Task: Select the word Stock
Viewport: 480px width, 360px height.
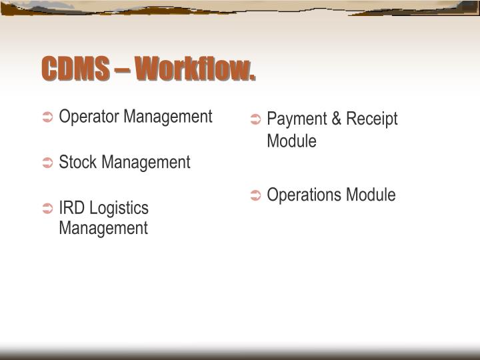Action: pyautogui.click(x=77, y=162)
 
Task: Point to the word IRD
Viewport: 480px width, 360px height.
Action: pyautogui.click(x=71, y=208)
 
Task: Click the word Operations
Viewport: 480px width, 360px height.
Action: pyautogui.click(x=303, y=195)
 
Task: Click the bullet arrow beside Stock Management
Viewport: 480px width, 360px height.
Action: pyautogui.click(x=48, y=163)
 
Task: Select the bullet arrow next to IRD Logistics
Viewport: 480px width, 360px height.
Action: pyautogui.click(x=48, y=209)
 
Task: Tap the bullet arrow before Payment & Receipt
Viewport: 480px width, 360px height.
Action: pyautogui.click(x=256, y=121)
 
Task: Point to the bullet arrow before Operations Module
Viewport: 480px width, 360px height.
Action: pyautogui.click(x=256, y=196)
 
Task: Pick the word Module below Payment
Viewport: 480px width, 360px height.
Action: pyautogui.click(x=291, y=141)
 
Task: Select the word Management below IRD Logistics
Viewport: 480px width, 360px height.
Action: pyautogui.click(x=103, y=228)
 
